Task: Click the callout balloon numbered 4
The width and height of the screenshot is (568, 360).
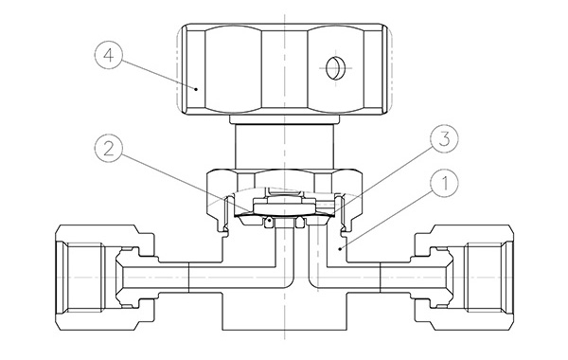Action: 109,56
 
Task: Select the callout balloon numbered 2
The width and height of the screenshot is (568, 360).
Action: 109,149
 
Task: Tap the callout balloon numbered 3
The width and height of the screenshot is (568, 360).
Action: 444,139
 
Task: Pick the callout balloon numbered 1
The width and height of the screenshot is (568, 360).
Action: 444,183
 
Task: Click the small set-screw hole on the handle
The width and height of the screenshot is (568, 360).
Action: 333,68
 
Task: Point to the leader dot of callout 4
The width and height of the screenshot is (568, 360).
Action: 196,89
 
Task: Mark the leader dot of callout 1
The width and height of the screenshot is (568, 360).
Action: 340,249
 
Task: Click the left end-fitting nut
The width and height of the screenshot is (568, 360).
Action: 105,278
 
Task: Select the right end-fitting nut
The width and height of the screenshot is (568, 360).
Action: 464,278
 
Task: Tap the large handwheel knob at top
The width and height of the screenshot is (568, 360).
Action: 284,69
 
